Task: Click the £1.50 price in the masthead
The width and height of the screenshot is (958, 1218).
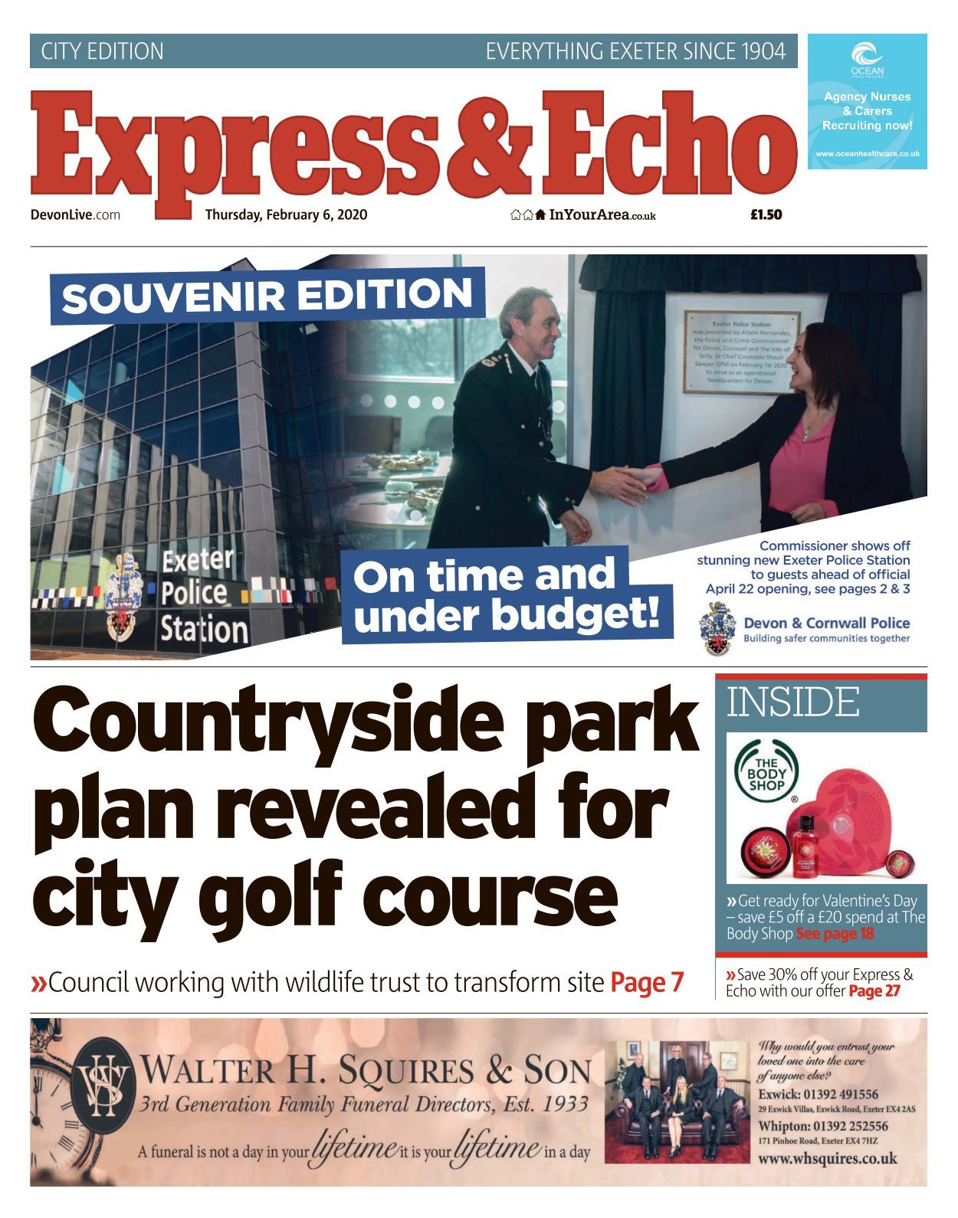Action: (766, 214)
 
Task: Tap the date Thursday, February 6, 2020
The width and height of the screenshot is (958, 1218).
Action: (286, 214)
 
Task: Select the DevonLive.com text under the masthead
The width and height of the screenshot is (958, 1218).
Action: (75, 214)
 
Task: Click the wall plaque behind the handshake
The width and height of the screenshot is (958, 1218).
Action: (741, 351)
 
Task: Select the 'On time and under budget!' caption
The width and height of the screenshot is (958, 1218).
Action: (506, 595)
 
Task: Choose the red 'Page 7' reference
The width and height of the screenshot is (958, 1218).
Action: (646, 982)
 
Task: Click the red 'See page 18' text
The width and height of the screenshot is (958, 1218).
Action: (835, 934)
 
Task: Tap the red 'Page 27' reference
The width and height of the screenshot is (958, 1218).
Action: (874, 991)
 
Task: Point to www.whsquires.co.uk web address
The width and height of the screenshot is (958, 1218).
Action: (827, 1158)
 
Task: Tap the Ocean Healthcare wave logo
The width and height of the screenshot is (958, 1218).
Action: (867, 55)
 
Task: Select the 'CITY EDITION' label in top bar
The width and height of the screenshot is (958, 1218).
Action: (102, 51)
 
